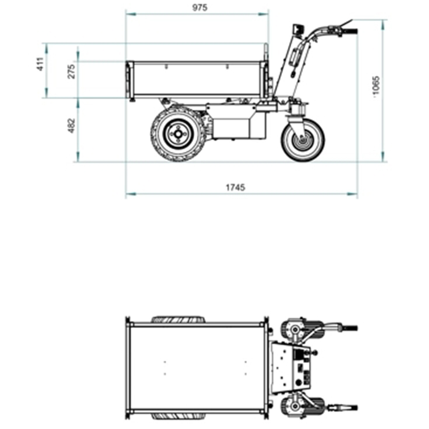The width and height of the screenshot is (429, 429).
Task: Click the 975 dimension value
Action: pos(200,8)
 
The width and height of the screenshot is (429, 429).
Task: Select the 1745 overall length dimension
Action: pos(235,187)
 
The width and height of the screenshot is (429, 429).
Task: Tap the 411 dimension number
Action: pos(40,64)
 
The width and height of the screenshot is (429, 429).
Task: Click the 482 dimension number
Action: pos(71,126)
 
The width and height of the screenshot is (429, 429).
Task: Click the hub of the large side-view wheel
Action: pos(178,134)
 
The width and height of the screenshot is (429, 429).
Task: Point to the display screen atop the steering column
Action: pos(299,29)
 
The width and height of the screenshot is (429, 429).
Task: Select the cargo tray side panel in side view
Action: pos(196,78)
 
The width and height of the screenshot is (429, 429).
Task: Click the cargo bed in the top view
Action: pos(196,368)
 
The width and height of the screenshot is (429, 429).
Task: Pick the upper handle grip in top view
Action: pos(349,328)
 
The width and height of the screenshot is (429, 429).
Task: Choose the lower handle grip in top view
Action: pos(349,407)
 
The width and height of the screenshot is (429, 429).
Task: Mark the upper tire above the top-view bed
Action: pos(178,320)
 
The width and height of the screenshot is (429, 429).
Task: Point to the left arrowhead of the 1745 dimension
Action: pos(129,194)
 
